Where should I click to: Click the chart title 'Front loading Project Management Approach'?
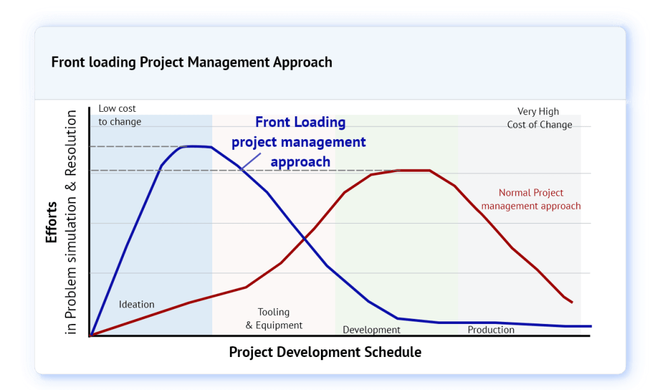click(x=191, y=62)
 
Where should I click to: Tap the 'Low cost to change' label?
click(x=120, y=115)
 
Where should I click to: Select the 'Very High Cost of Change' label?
click(x=539, y=118)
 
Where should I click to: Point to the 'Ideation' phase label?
click(x=137, y=304)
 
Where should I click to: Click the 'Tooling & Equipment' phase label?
click(x=274, y=318)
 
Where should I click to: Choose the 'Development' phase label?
click(x=372, y=330)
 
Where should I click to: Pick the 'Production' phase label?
click(x=491, y=330)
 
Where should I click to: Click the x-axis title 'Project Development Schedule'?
click(x=325, y=352)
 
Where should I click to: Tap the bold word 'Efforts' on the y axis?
click(x=51, y=222)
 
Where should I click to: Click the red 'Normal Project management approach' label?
click(x=531, y=199)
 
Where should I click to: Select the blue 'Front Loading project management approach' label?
click(x=299, y=142)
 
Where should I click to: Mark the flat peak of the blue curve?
click(x=196, y=146)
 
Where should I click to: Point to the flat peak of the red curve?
click(x=414, y=170)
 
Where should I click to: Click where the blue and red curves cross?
click(x=304, y=239)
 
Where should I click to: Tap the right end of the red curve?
click(x=572, y=302)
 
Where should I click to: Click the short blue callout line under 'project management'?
click(x=250, y=161)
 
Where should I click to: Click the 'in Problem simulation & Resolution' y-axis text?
click(x=71, y=222)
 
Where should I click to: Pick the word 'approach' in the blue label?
click(x=301, y=162)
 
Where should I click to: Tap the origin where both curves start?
click(x=91, y=335)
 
